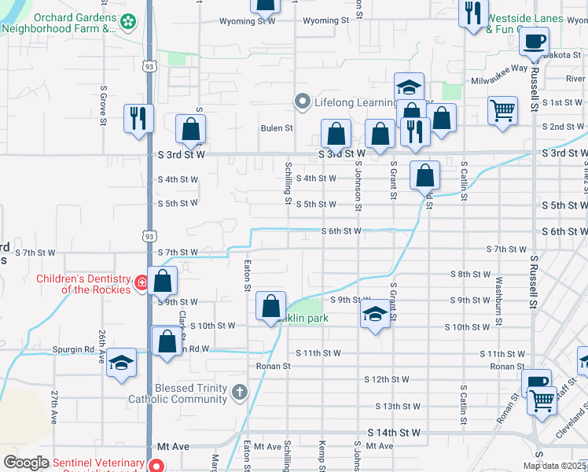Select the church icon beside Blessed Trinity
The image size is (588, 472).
click(x=240, y=392)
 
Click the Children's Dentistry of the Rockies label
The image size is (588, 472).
click(x=83, y=284)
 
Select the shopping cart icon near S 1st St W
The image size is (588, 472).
click(x=502, y=110)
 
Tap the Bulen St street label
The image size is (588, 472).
click(x=277, y=128)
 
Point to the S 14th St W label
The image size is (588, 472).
click(x=395, y=433)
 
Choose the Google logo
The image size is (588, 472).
click(x=26, y=463)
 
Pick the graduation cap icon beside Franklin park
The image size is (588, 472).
click(x=376, y=315)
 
